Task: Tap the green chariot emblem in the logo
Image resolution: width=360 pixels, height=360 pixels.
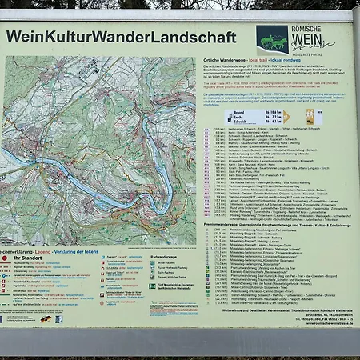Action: point(272,38)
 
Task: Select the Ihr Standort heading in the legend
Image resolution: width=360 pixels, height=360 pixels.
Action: point(31,258)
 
